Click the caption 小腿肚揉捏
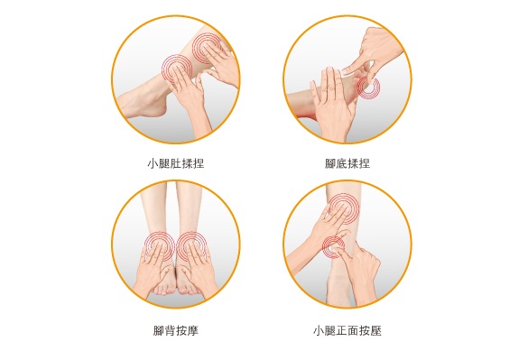coord(175,163)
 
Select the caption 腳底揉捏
coord(348,163)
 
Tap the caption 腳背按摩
coord(175,330)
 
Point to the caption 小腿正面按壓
coord(348,330)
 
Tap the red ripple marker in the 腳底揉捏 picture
coord(367,88)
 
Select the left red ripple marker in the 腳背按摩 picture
coord(159,245)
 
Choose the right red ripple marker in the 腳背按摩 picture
coord(192,245)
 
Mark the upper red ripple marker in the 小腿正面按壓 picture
coord(343,209)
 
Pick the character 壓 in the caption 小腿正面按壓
coord(376,330)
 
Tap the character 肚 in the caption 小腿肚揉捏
coord(175,163)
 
